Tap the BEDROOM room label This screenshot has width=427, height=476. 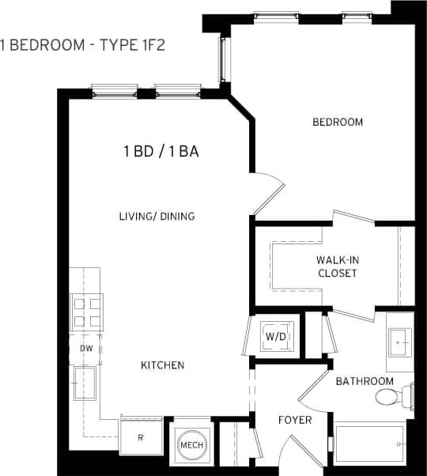click(338, 122)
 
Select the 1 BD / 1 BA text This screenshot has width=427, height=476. click(161, 152)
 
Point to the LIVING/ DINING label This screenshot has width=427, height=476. click(157, 216)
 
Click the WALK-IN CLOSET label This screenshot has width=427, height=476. click(337, 266)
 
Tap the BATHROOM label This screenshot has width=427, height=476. click(365, 381)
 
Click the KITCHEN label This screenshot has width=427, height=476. click(162, 365)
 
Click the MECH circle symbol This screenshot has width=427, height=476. click(191, 445)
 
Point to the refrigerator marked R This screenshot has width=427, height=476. click(141, 437)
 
